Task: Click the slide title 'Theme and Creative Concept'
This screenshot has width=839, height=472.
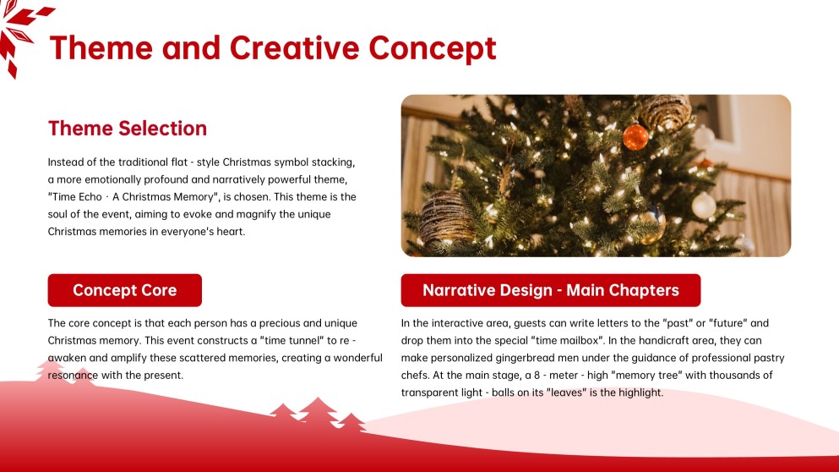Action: [272, 47]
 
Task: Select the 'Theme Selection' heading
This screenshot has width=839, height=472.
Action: [128, 129]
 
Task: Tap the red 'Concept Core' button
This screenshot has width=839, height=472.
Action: [125, 290]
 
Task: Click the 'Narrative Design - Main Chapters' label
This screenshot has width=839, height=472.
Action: [550, 290]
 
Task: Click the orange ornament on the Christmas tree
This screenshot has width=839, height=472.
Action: [635, 136]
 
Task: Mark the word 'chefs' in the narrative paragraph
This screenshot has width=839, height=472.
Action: [416, 376]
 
